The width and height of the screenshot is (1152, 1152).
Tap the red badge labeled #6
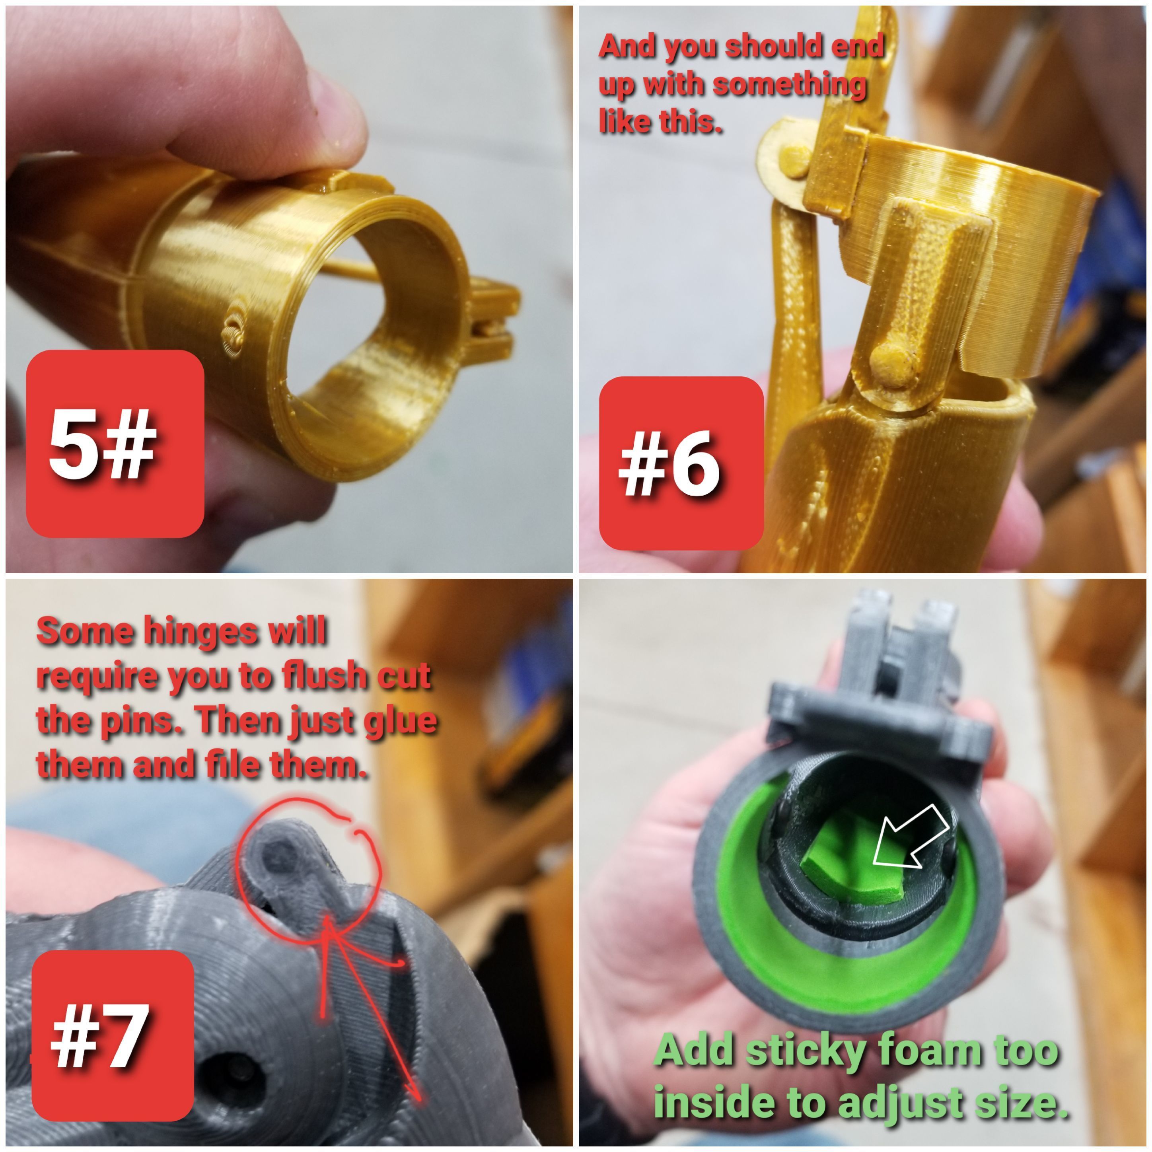click(x=681, y=463)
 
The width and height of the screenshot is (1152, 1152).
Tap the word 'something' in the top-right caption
click(x=790, y=84)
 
